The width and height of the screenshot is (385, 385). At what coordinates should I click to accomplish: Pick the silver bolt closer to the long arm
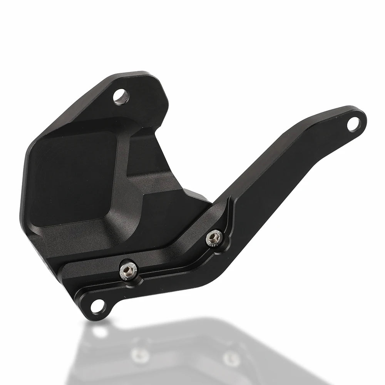(213, 237)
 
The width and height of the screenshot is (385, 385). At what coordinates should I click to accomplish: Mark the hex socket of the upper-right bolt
(213, 236)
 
